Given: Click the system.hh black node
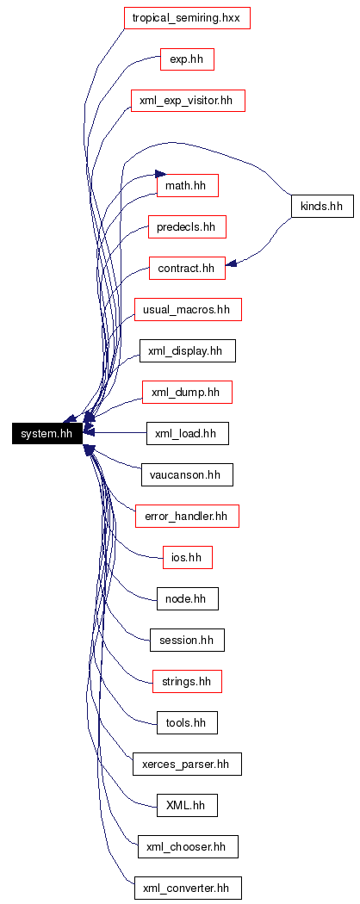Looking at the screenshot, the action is tap(47, 434).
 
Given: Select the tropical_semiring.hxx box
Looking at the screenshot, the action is tap(187, 18).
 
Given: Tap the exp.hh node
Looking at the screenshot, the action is tap(188, 59).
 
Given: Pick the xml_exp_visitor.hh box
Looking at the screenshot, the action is tap(188, 101).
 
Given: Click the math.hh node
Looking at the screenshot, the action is tap(188, 186).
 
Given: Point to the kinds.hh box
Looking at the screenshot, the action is tap(322, 206).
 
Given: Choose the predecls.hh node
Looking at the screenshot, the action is tap(187, 227).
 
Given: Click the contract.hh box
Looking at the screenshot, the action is tap(187, 268).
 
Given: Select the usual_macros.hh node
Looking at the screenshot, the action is tap(188, 310).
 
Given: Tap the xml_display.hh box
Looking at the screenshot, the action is tap(188, 350).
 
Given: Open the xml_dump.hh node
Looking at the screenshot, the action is tap(187, 392).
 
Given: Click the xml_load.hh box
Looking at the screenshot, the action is tap(188, 434).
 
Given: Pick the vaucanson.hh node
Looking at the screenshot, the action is tap(188, 474).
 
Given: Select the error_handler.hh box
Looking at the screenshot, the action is tap(188, 516).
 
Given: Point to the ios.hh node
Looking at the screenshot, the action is tap(188, 558).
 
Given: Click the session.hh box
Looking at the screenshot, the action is tap(187, 640).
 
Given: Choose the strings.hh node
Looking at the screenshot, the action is tap(187, 682).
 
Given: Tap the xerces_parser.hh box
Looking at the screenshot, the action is tap(187, 764).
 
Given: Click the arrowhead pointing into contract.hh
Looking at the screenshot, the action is tap(231, 263).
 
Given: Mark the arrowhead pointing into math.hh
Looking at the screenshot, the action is tap(160, 174).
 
